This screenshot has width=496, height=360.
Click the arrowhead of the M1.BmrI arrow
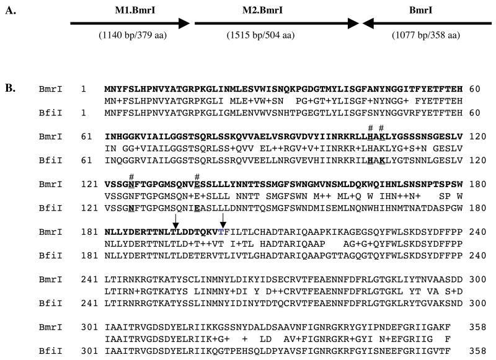[x=184, y=24]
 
